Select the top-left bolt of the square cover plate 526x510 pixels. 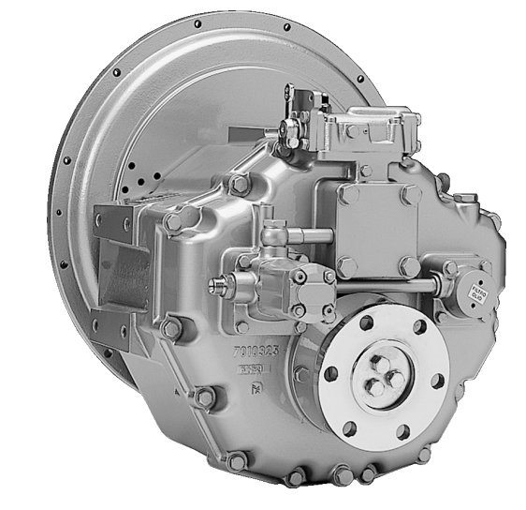pos(348,195)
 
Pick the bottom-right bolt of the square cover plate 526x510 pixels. pos(408,266)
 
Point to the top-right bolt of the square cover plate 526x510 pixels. pos(409,195)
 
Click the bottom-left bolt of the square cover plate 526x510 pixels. pos(347,266)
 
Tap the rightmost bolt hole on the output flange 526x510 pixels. pos(438,380)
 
